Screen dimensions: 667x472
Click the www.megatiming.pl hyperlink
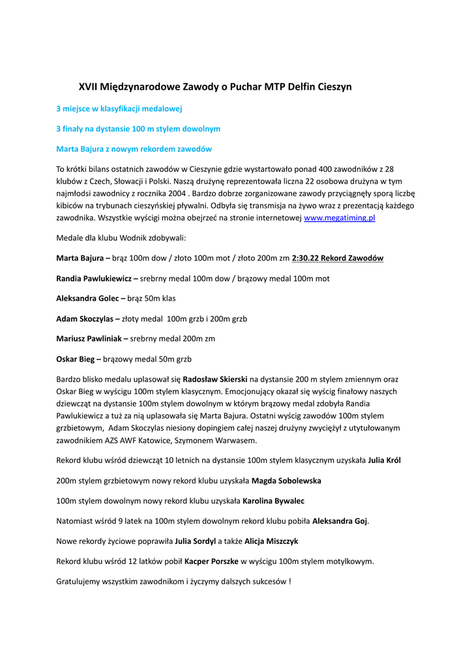pyautogui.click(x=340, y=218)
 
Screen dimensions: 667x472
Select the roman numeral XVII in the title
pyautogui.click(x=88, y=87)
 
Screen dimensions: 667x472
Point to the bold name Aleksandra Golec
pyautogui.click(x=87, y=299)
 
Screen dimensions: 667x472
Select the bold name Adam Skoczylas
pyautogui.click(x=85, y=319)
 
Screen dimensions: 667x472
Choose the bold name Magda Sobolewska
pyautogui.click(x=286, y=481)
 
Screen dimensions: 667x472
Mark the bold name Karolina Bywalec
pyautogui.click(x=273, y=501)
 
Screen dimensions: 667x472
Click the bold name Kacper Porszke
pyautogui.click(x=211, y=561)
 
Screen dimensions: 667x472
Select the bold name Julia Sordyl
pyautogui.click(x=196, y=541)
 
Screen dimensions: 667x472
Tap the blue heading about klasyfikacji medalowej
pyautogui.click(x=119, y=109)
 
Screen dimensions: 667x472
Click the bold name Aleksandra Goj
pyautogui.click(x=340, y=521)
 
